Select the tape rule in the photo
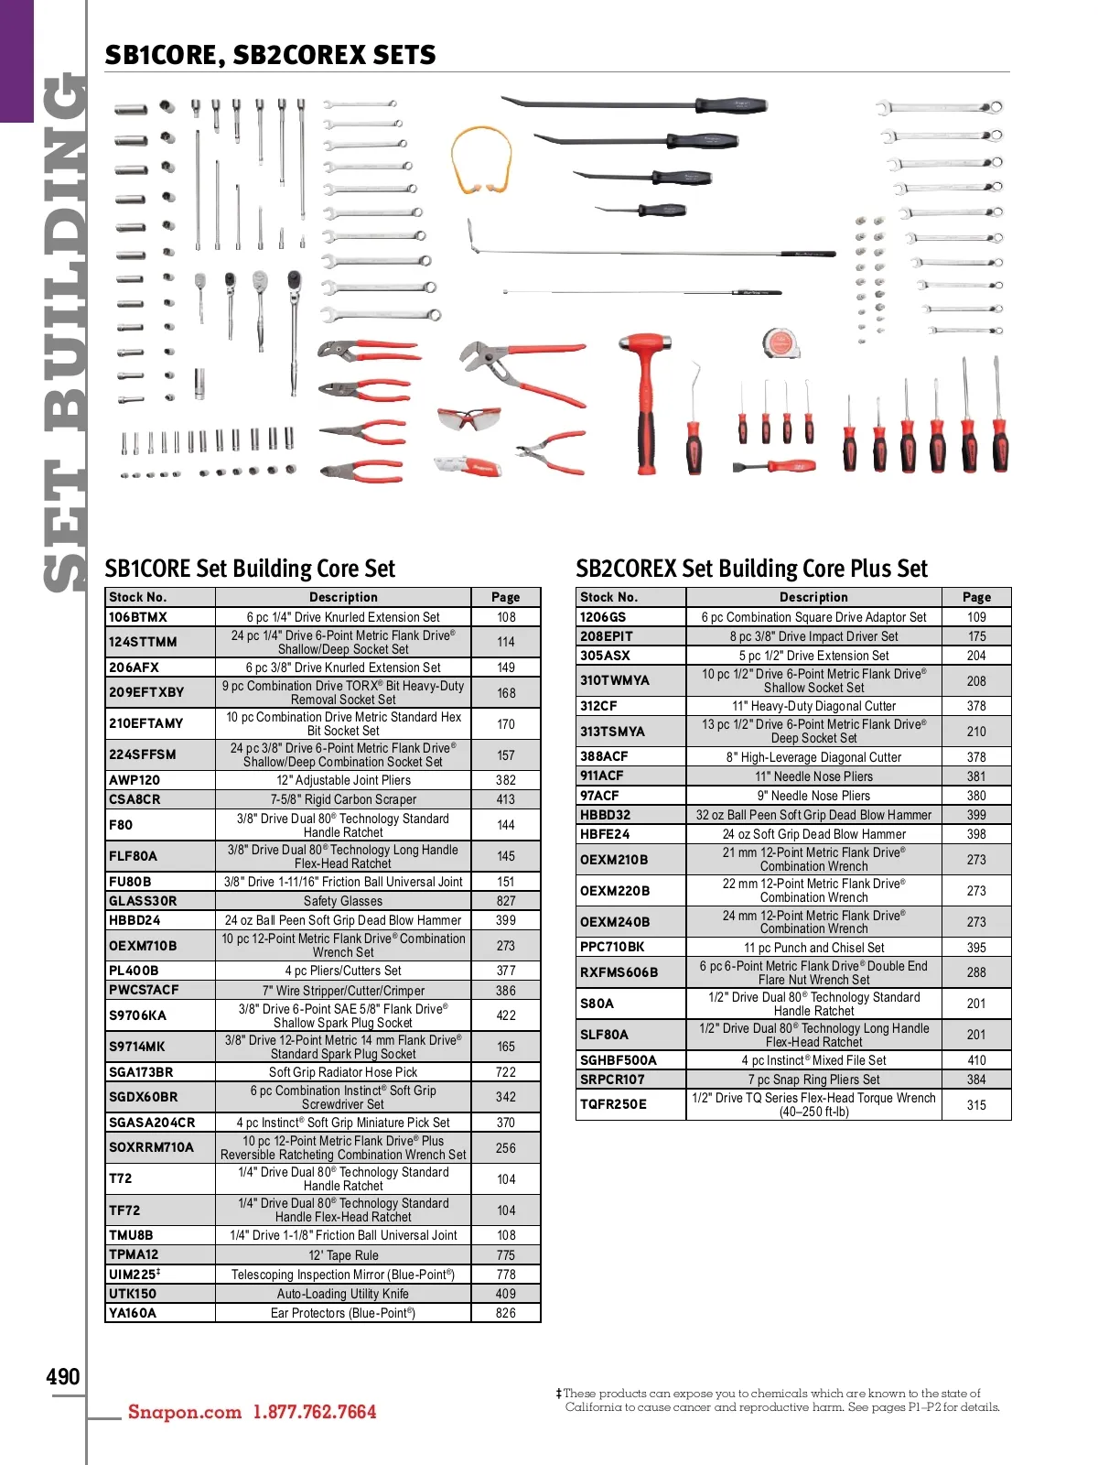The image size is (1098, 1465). (779, 343)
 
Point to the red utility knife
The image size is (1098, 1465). (467, 467)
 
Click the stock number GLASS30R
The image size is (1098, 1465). (143, 901)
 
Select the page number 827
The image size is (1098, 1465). (506, 901)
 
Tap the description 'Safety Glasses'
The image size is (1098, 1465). (343, 901)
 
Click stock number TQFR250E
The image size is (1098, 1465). (613, 1104)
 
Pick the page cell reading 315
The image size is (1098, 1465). (976, 1105)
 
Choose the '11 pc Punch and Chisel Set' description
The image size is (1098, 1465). (813, 948)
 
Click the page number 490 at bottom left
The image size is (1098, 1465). (63, 1377)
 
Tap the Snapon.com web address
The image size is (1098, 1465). (185, 1412)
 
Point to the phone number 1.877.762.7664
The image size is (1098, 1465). (315, 1412)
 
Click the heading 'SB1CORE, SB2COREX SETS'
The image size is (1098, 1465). (270, 55)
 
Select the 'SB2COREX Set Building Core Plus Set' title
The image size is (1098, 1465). (751, 569)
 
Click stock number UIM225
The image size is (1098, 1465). (134, 1275)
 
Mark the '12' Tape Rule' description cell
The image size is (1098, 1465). (343, 1255)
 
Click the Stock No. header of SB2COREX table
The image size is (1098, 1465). (609, 597)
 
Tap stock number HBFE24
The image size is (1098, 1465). (605, 834)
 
